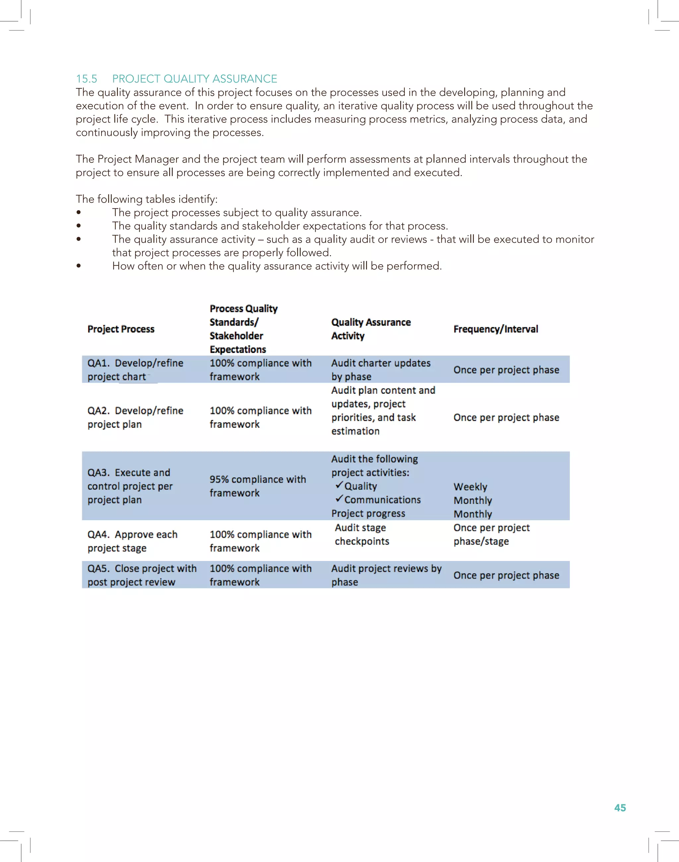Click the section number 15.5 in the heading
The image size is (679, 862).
86,79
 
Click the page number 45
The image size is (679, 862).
620,808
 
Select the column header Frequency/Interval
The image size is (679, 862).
495,329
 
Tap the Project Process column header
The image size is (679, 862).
121,329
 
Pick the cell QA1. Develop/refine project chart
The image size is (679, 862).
135,370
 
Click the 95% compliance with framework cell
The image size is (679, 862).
258,486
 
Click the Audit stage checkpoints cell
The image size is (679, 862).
362,534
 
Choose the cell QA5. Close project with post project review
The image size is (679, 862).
142,575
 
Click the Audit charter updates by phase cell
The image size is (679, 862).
381,370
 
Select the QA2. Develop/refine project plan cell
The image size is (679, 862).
135,417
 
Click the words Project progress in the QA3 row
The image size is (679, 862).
368,513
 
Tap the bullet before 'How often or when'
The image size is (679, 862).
79,266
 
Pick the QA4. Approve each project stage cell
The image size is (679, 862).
132,541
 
